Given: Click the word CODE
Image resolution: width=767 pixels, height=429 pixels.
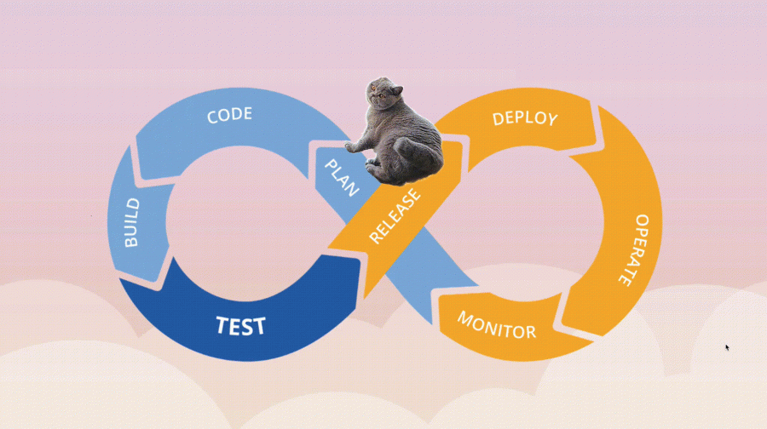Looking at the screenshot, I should pyautogui.click(x=230, y=114).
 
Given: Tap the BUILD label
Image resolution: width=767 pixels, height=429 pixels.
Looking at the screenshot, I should pyautogui.click(x=132, y=224).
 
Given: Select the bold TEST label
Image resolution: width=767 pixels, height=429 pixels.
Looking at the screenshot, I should pyautogui.click(x=240, y=325).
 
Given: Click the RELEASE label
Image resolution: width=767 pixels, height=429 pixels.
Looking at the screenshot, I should pyautogui.click(x=395, y=218).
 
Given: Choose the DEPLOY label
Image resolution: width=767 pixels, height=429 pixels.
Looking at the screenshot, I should pyautogui.click(x=525, y=117).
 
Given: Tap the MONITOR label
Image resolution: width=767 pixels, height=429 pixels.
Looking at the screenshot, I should pyautogui.click(x=497, y=324).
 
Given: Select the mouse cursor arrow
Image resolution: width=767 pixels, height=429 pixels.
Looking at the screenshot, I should pyautogui.click(x=726, y=347).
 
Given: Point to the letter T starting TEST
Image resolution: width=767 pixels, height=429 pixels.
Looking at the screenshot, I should pyautogui.click(x=221, y=324).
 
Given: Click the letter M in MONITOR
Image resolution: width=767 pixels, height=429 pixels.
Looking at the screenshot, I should pyautogui.click(x=465, y=319).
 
